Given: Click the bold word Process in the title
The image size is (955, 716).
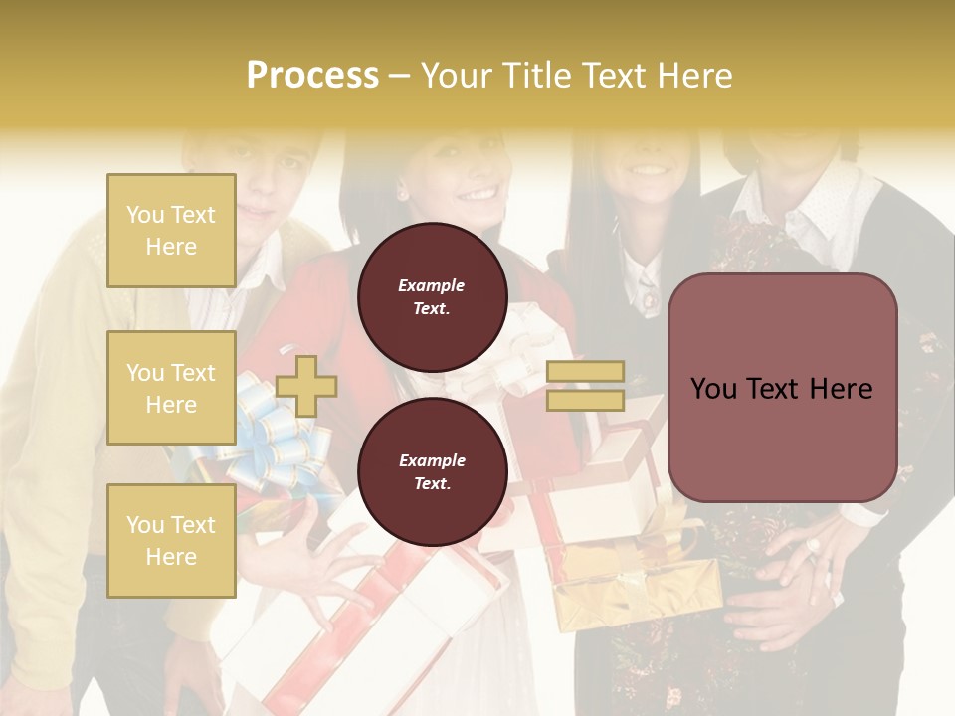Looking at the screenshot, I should point(312,76).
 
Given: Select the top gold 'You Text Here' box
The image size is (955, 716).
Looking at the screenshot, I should point(171,231).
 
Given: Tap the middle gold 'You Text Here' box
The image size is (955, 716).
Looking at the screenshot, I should point(171,388).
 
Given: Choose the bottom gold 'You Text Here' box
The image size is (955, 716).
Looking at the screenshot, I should point(171,540).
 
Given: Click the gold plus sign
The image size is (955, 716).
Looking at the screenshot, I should point(306,386).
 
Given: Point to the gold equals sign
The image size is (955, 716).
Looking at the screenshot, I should point(585,386).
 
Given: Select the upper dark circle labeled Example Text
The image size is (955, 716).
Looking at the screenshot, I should point(432,296).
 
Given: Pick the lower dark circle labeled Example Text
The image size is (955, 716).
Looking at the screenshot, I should point(432,472).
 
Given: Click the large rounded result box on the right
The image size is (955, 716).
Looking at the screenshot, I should point(782,388).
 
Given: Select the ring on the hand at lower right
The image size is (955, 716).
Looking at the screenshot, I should point(813,545).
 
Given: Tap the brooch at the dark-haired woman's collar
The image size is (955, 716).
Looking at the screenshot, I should point(649,297).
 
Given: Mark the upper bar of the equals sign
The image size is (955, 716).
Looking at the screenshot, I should point(585,372).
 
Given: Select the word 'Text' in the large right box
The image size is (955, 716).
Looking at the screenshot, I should point(782,389).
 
